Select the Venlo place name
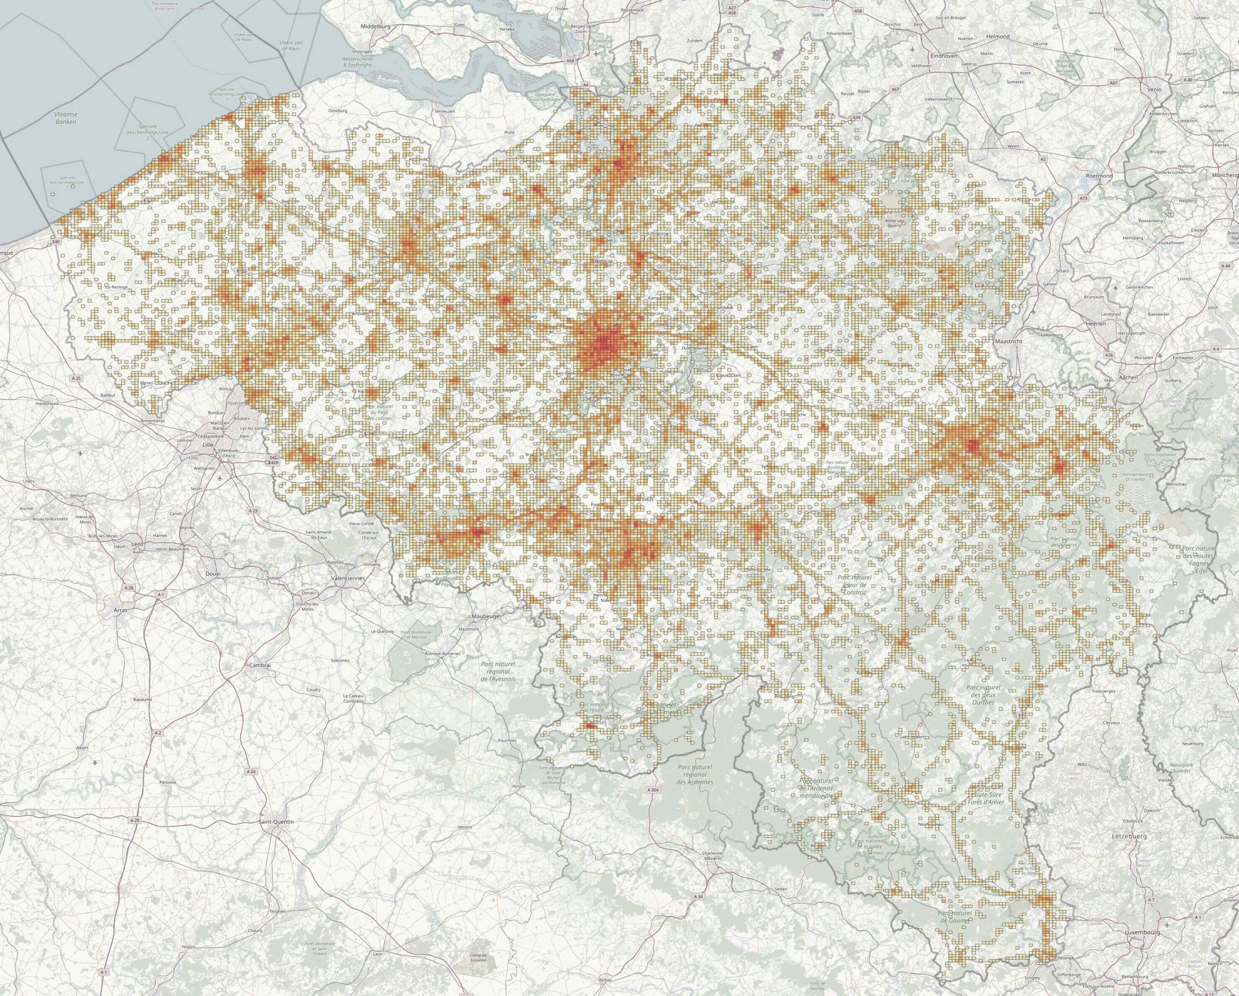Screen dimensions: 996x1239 tap(1154, 89)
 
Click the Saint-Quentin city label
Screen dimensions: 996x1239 tap(276, 822)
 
